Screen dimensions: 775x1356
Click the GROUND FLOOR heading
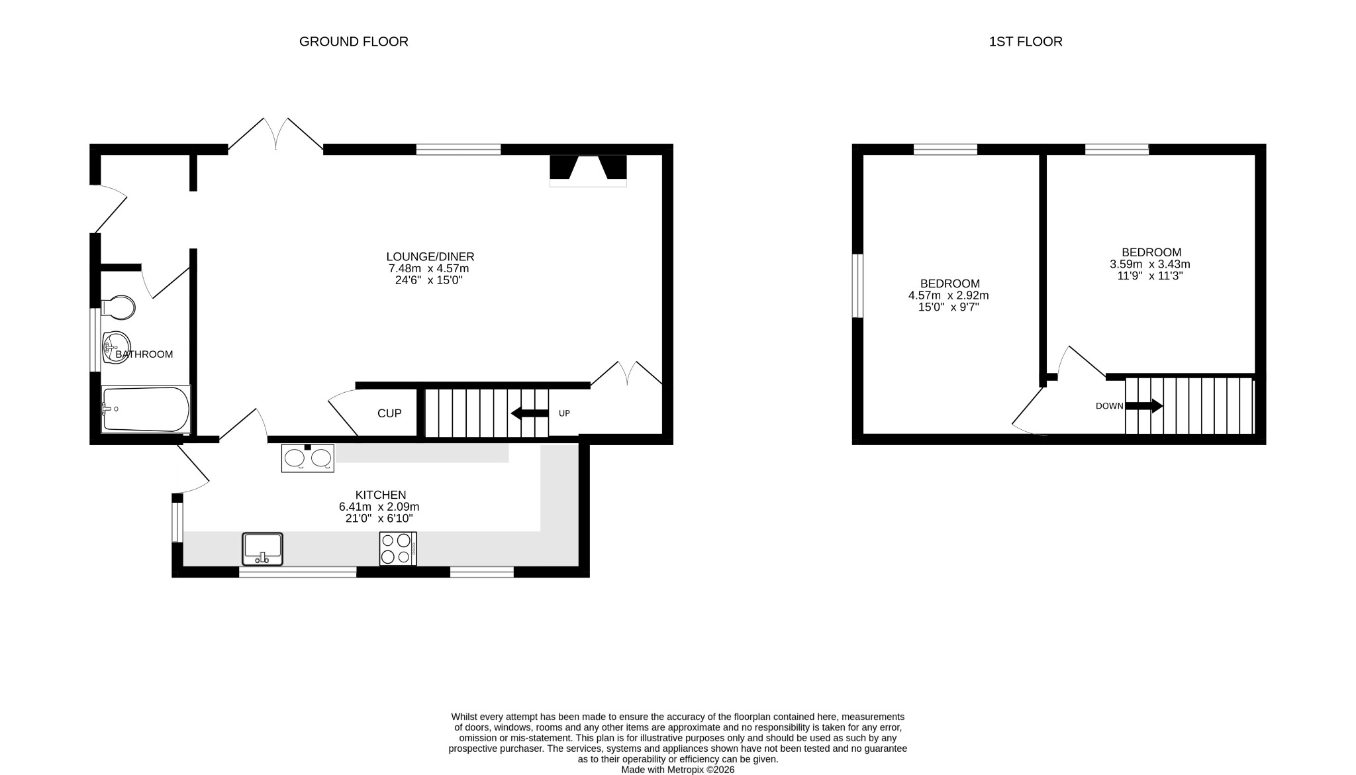pos(354,42)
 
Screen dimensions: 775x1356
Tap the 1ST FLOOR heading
pos(1025,42)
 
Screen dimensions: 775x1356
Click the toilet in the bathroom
pos(119,307)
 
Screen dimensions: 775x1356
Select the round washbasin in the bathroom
pos(117,346)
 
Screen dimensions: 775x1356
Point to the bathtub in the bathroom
pos(146,409)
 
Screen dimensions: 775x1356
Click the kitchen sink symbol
pos(262,548)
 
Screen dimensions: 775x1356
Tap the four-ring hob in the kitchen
pos(397,548)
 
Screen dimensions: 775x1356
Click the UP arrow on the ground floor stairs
pos(530,413)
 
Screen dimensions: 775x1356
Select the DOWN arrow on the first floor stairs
pos(1143,406)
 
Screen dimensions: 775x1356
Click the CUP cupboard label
pos(389,413)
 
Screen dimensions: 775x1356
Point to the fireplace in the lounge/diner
pos(588,170)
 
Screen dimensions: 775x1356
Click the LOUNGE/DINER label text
pos(430,257)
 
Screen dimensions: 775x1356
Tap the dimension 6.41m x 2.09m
pos(379,507)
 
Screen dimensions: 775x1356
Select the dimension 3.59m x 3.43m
pos(1149,264)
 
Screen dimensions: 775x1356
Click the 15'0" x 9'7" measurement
pos(948,307)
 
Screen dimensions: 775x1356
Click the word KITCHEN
pos(381,495)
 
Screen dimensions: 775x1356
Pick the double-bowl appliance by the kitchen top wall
pos(308,458)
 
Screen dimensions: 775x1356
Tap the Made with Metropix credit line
pos(677,770)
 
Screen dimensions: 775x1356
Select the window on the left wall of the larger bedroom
pos(857,285)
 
